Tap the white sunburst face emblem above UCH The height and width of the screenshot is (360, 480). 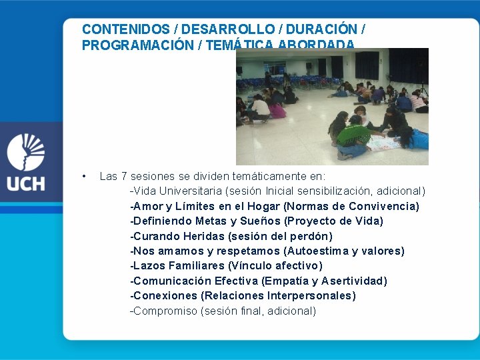25,152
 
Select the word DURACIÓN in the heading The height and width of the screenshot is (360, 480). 324,29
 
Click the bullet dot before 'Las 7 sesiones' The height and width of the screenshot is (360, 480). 83,177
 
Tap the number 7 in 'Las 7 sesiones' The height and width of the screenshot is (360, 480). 124,177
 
